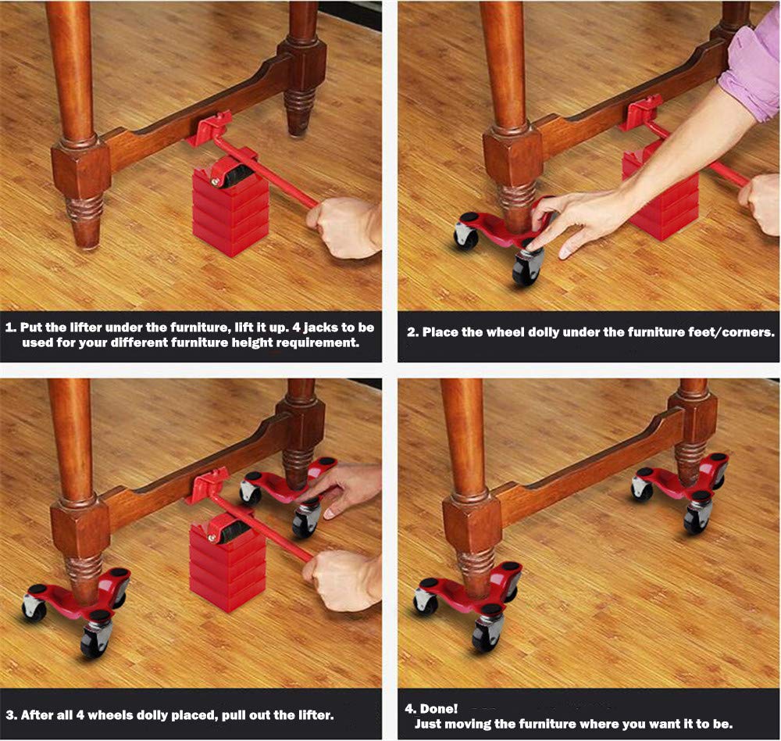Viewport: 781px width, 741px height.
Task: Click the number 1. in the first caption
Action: [x=12, y=328]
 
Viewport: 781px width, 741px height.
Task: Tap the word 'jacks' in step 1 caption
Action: [x=322, y=328]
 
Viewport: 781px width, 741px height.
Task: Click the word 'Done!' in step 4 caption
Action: [x=439, y=709]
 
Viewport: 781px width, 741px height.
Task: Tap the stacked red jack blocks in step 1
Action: [x=230, y=209]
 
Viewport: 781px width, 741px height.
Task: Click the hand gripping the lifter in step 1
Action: [x=344, y=227]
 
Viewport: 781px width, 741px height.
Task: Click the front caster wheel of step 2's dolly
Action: [x=527, y=267]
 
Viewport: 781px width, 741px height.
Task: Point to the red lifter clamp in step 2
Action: [x=644, y=112]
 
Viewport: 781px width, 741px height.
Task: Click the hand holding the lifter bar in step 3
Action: [x=343, y=580]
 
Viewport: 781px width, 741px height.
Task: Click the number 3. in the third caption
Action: [x=12, y=715]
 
